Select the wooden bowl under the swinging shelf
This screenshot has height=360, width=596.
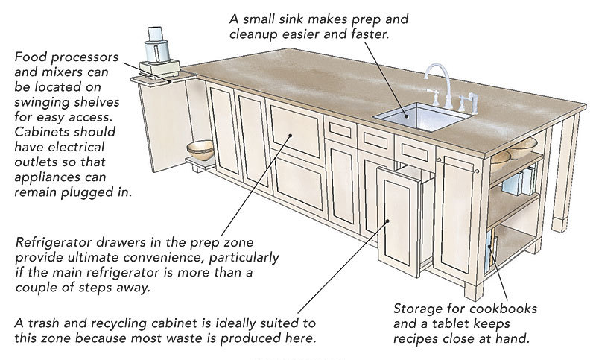tap(200, 150)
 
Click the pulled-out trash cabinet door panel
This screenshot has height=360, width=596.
tap(398, 221)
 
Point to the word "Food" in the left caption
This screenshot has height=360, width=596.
tap(31, 57)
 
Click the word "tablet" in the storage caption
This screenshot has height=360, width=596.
tap(451, 323)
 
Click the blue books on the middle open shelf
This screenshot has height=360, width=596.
tap(519, 183)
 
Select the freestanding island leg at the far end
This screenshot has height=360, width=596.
tap(565, 173)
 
